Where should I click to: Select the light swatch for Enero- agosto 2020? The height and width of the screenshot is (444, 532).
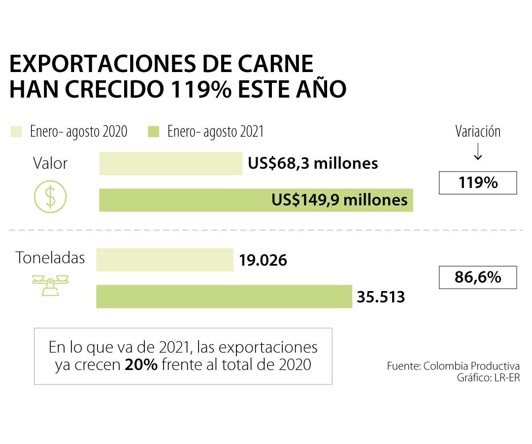coord(16,132)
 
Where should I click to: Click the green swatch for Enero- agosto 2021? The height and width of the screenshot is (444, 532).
coord(154,132)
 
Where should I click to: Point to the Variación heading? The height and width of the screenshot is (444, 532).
coord(477,132)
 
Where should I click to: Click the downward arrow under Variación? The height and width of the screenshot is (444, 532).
coord(477,153)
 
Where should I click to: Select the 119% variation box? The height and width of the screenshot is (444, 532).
coord(477,183)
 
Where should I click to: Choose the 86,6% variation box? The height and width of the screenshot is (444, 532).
coord(477,277)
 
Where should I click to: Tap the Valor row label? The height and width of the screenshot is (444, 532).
coord(50,163)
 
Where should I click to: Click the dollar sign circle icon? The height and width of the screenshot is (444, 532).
coord(50,196)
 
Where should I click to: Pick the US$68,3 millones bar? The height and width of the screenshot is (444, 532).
coord(170,164)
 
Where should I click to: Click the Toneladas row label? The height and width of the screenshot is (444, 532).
coord(50,258)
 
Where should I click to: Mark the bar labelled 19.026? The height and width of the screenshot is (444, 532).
coord(165,260)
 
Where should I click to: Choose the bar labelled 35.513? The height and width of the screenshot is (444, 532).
coord(224,296)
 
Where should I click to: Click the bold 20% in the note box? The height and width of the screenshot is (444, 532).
coord(141,365)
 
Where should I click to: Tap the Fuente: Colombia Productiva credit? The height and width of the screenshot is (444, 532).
coord(453,367)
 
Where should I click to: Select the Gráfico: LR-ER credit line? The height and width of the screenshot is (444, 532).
coord(488,377)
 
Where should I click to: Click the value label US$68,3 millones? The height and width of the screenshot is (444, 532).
coord(313,163)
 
